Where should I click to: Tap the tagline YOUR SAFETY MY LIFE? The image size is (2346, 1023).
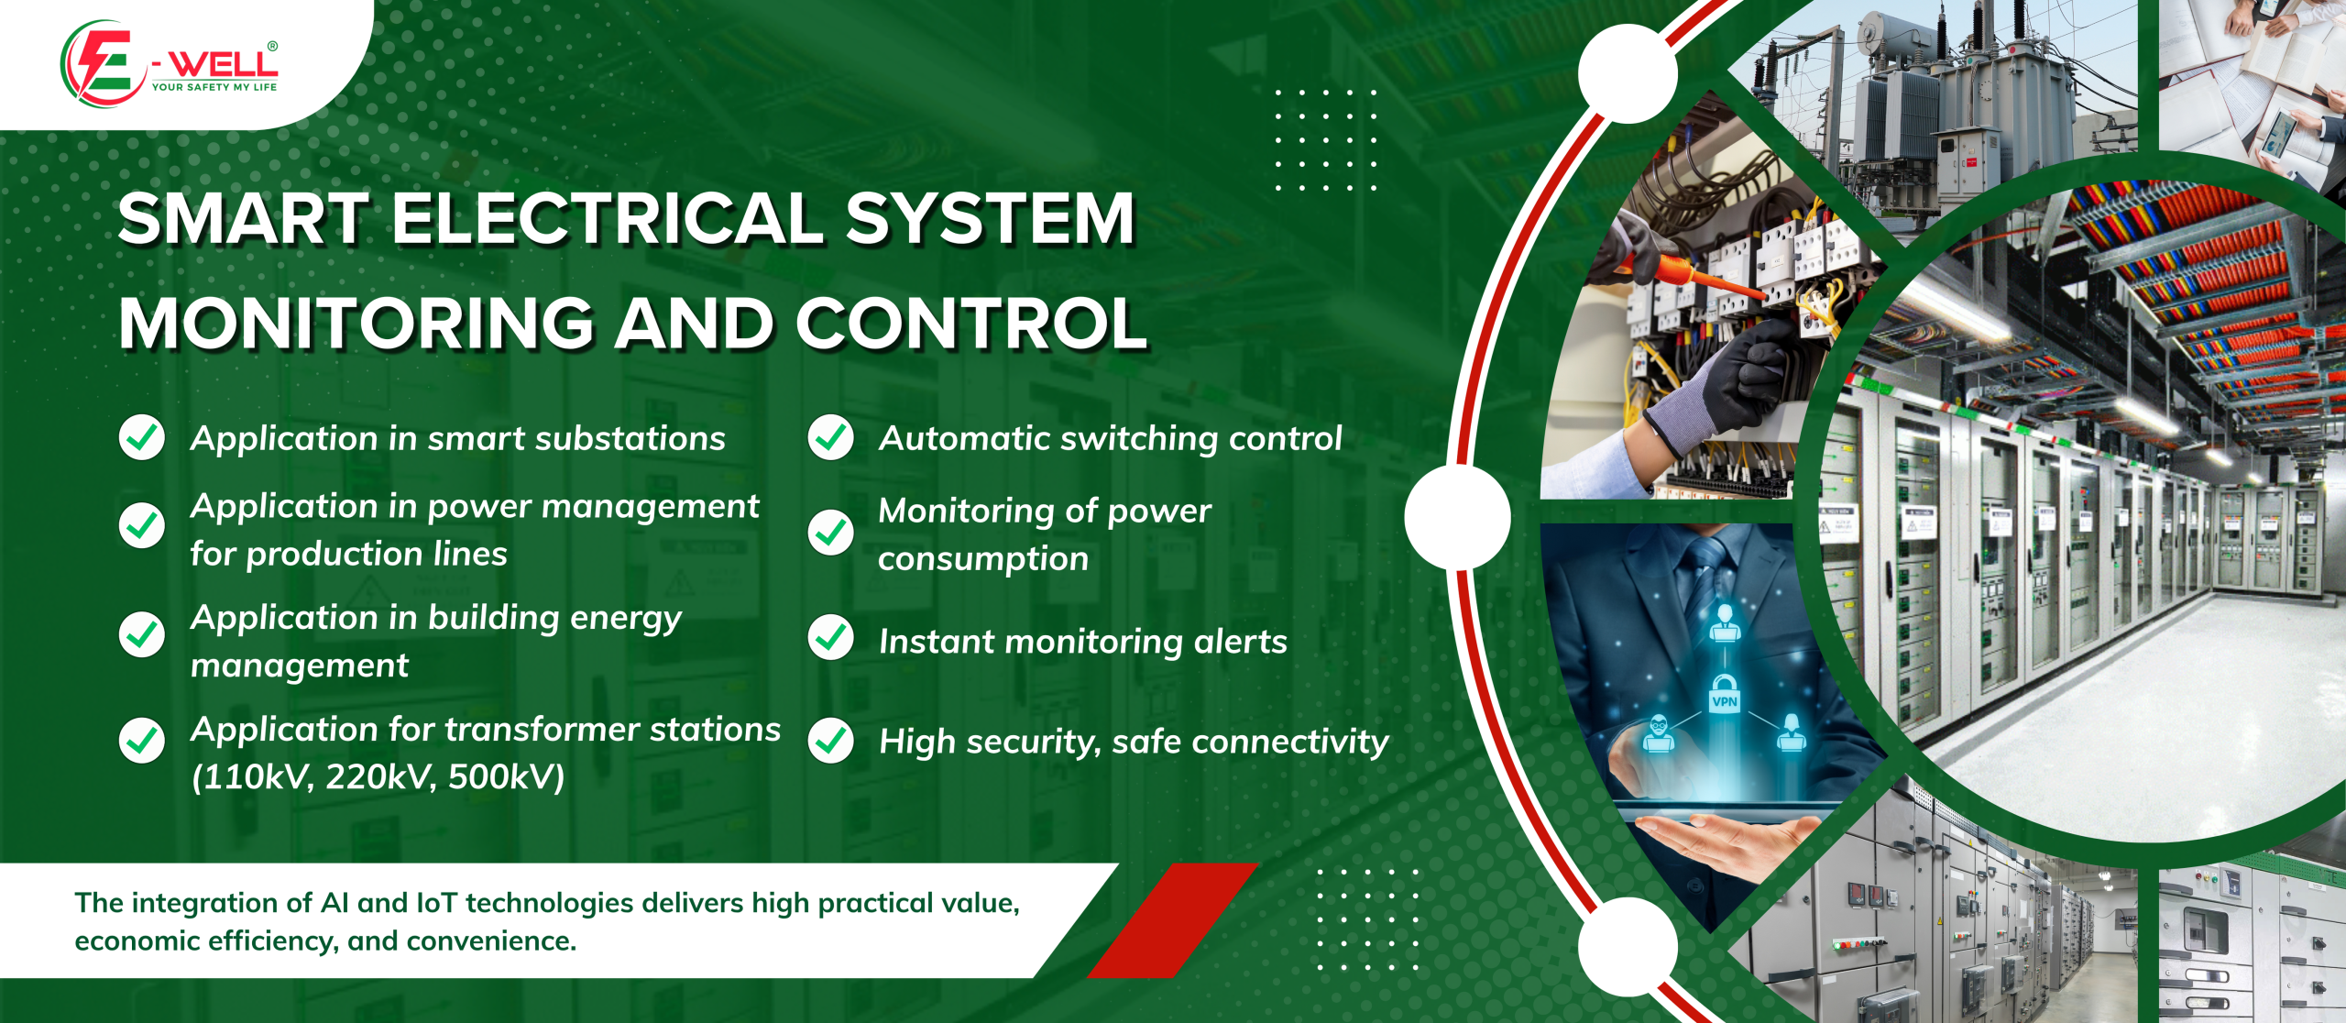214,87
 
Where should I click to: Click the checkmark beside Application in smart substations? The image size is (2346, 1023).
142,437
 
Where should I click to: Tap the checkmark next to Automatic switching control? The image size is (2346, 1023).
831,437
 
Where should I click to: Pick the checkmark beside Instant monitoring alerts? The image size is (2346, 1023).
831,638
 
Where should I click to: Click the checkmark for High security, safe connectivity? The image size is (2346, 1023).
831,741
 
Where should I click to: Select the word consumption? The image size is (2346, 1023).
983,559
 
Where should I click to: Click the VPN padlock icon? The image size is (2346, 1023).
1725,694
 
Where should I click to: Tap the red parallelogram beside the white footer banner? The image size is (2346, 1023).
1174,920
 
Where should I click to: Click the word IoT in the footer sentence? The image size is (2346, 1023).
436,903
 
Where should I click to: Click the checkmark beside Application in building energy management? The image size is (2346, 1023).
142,634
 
